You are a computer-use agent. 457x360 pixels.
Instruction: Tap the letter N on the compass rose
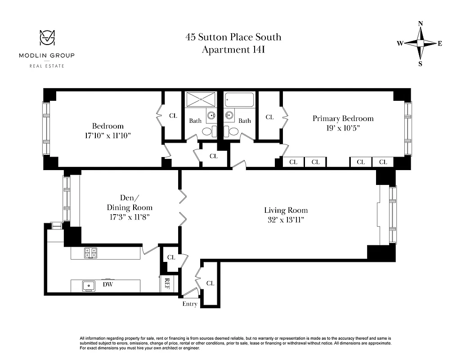tap(421, 23)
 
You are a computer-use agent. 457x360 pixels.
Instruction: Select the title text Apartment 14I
tap(233, 50)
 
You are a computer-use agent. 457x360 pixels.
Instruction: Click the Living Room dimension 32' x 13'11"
tap(286, 220)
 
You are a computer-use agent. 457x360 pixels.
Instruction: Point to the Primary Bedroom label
tap(343, 118)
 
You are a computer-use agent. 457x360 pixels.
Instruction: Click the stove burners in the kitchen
tap(90, 253)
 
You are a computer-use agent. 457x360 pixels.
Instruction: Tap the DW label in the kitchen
tap(107, 284)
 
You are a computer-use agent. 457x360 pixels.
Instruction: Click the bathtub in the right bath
tap(239, 99)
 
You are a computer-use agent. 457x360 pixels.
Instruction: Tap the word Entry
tap(190, 304)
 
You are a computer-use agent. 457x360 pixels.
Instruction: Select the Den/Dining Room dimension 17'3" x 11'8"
tap(129, 216)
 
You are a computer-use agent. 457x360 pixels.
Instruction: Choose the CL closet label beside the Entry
tap(210, 283)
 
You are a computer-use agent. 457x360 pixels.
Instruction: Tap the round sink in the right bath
tap(230, 115)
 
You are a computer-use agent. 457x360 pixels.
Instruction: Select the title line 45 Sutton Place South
tap(233, 37)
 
